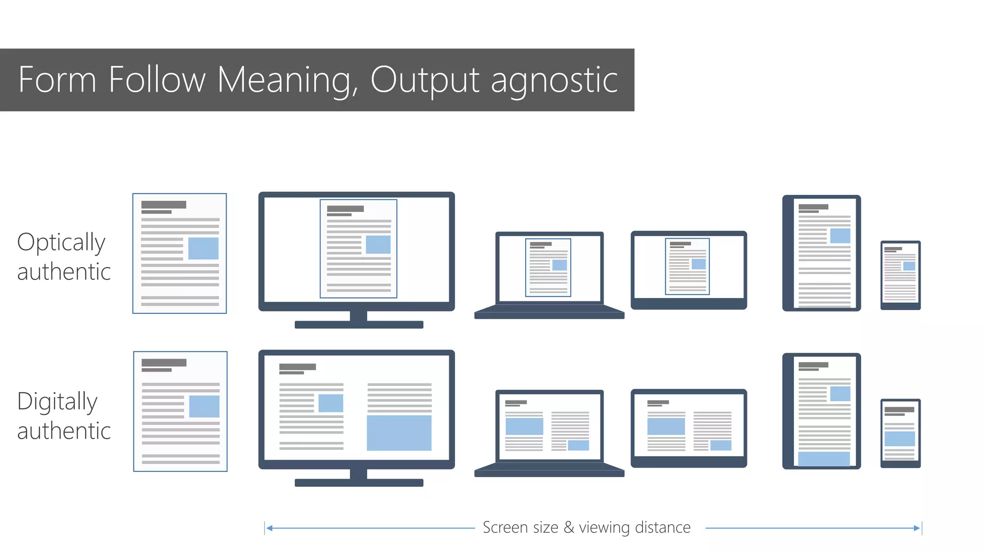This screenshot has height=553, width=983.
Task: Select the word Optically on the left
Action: [61, 242]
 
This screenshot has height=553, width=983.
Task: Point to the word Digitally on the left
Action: [57, 401]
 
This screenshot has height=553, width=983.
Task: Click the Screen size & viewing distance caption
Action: [587, 528]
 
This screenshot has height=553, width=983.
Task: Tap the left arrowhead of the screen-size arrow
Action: [269, 528]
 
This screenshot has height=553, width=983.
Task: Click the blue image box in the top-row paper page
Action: [203, 248]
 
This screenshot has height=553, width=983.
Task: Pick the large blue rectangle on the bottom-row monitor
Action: [399, 433]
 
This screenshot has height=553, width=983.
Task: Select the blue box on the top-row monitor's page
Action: [378, 244]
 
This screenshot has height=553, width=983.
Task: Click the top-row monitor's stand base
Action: [359, 325]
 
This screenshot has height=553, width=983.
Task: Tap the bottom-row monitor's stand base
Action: [359, 483]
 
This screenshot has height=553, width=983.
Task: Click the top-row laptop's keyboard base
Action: [549, 315]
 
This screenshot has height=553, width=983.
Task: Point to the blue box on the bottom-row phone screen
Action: [899, 439]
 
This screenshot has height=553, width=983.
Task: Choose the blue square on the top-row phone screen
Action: [909, 266]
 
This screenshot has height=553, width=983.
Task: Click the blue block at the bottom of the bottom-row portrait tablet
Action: [824, 458]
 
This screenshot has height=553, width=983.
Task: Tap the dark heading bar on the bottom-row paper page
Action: [164, 362]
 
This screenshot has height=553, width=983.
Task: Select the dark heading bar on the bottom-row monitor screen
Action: [298, 367]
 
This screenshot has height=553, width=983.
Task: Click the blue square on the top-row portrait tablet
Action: [840, 236]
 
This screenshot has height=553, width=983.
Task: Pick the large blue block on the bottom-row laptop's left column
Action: [524, 426]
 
